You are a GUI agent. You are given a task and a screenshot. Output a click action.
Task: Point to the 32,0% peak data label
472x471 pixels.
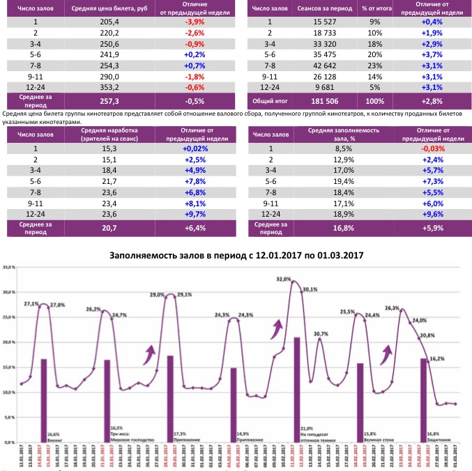point(284,279)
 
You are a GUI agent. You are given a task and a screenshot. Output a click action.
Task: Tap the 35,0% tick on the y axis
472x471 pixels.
point(9,267)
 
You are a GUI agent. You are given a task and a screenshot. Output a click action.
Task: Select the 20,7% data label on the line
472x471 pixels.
point(321,334)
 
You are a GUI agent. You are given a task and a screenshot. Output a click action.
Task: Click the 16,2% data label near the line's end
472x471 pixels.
point(436,358)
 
